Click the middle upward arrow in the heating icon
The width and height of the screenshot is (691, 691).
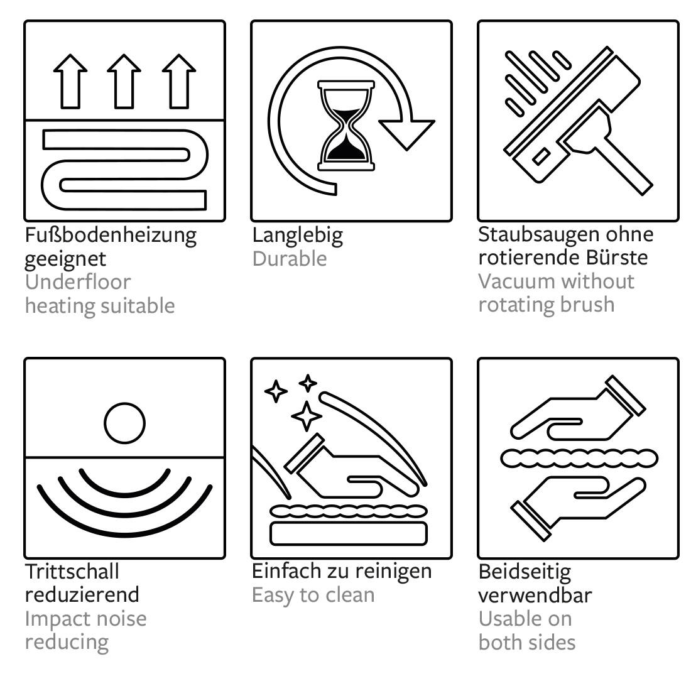(x=124, y=82)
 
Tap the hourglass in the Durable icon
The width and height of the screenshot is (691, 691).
(x=346, y=125)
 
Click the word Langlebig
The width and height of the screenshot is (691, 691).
(x=298, y=236)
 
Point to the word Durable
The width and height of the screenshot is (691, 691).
(x=290, y=259)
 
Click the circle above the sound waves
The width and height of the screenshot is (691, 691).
(x=125, y=423)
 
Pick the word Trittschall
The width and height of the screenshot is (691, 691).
(x=72, y=572)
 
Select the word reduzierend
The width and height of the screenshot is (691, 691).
(x=82, y=594)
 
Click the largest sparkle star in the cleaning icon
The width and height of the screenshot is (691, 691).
(x=307, y=416)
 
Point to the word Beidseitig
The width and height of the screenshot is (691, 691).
(x=525, y=573)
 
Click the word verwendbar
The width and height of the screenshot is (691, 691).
(x=535, y=596)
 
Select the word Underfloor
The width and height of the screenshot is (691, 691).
(x=78, y=282)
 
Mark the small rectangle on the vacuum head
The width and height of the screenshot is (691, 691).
(x=541, y=157)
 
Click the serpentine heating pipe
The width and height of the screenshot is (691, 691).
(x=125, y=169)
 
